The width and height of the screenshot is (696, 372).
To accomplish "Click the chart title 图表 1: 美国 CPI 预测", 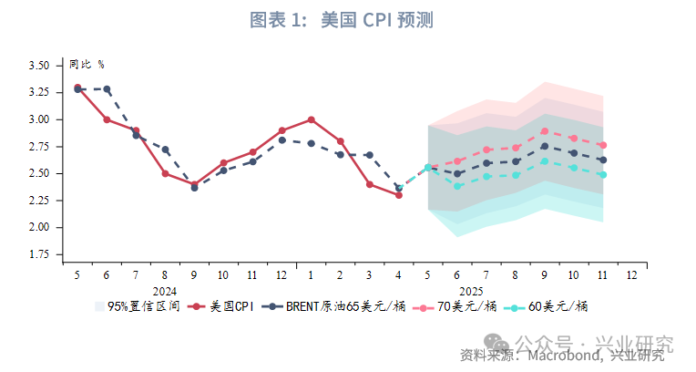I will click(348, 19).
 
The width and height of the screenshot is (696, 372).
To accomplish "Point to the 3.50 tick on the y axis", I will click(38, 66).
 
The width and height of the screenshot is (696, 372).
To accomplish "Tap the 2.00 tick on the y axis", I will click(38, 227).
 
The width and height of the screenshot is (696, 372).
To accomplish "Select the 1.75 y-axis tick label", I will click(38, 254).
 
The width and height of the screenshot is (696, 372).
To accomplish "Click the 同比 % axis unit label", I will click(87, 65).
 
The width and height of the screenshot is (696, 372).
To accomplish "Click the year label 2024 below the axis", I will click(165, 289).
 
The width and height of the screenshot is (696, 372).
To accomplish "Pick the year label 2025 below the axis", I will click(485, 289).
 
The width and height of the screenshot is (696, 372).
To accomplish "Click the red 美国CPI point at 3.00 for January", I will click(311, 119).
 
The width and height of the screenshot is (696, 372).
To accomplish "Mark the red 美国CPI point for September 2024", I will click(194, 184).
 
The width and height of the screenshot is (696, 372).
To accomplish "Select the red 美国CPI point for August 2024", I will click(165, 173).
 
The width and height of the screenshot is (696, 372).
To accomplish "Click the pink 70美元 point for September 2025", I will click(544, 131).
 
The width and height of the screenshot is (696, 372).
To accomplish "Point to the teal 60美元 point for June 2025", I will click(457, 186).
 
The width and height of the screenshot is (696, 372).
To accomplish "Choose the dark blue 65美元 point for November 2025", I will click(602, 160).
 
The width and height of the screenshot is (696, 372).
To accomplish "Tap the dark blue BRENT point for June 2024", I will click(107, 89).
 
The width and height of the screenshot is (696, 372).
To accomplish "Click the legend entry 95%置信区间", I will click(137, 307).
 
